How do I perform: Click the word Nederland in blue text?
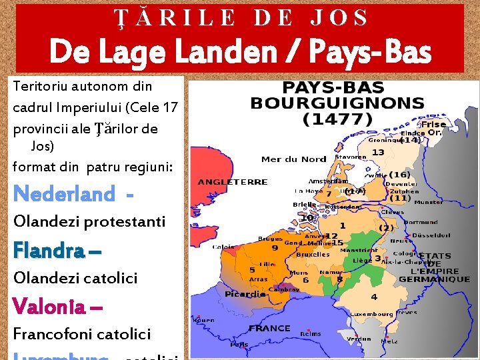pos(64,194)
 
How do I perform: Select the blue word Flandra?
pos(48,251)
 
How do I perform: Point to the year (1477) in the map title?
pos(337,119)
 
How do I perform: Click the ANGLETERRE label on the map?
pos(233,182)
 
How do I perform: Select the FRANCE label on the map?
pos(269,328)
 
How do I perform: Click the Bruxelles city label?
pos(313,254)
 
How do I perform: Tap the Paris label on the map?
pos(239,345)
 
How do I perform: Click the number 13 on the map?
pos(378,153)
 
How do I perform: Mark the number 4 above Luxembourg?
pos(374,297)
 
